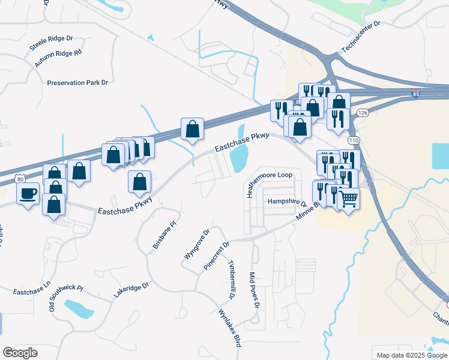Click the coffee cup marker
point(28,194)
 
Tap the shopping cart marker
point(349,199)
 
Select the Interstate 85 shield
point(415,94)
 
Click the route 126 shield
point(362,112)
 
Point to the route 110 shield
point(354,140)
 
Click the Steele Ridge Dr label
point(51,43)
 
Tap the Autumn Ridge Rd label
point(58,58)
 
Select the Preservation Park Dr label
point(77,83)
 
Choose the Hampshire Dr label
point(287,202)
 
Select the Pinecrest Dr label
point(216,256)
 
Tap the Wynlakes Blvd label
point(229,328)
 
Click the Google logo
point(20,353)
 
